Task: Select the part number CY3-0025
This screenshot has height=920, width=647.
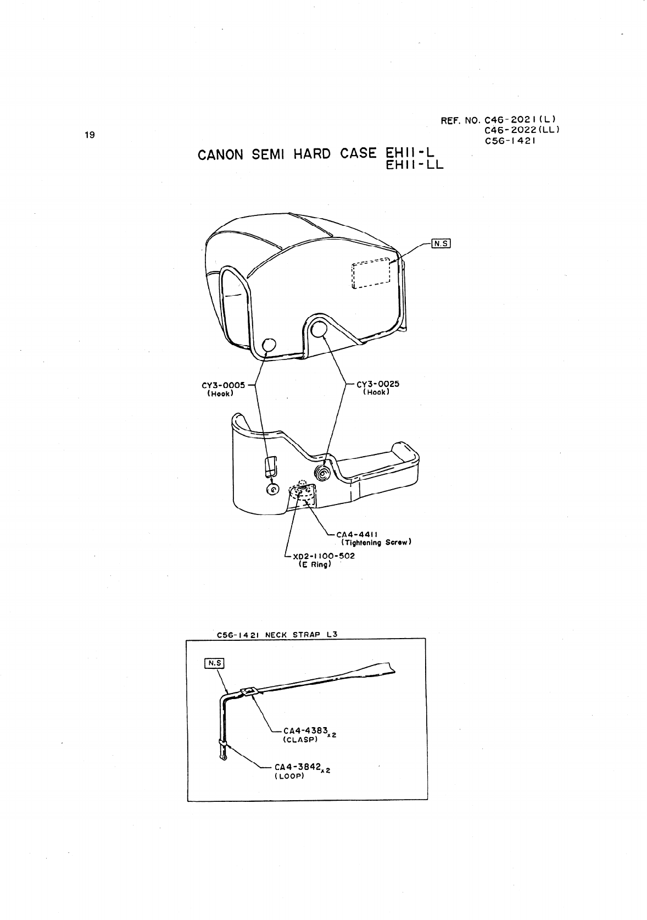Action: (x=378, y=384)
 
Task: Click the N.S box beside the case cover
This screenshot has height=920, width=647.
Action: (x=441, y=243)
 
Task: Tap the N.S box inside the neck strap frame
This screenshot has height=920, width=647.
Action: (x=214, y=663)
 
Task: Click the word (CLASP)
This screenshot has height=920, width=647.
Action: (x=301, y=740)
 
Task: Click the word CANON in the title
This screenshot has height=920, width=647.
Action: (x=220, y=154)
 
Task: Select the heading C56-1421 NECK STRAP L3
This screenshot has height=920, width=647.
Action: (x=277, y=634)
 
